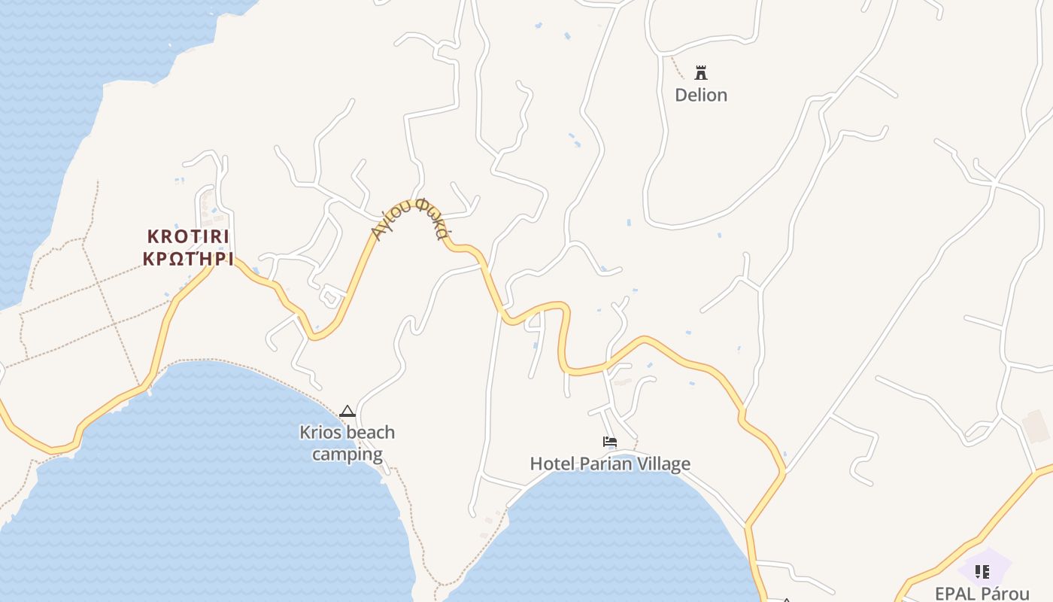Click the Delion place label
pos(701,95)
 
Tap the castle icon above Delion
pos(701,73)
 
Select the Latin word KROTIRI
pos(188,236)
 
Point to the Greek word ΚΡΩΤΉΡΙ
pos(188,260)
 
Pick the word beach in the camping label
pos(370,433)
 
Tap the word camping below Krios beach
pos(347,455)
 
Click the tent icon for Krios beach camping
pos(347,411)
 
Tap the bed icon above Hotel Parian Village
pos(610,442)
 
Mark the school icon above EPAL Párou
pos(982,572)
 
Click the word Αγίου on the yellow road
pos(391,218)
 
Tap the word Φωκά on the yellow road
pos(433,218)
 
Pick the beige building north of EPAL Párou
pos(1036,426)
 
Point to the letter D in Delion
pos(681,95)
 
